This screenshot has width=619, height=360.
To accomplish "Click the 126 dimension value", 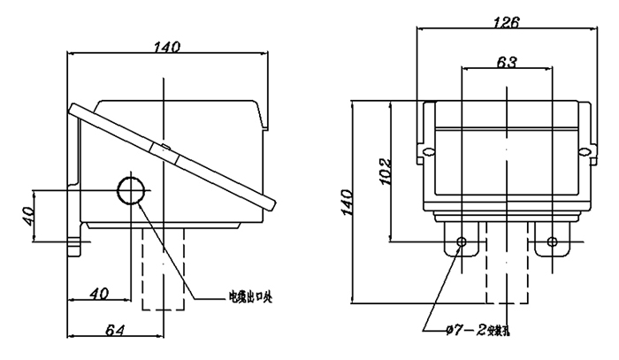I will click(x=506, y=20).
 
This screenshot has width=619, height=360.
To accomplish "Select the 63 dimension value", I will click(x=506, y=62).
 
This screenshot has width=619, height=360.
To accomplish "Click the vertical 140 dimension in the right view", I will click(x=346, y=203).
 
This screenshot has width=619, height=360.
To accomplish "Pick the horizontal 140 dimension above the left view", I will click(x=166, y=48).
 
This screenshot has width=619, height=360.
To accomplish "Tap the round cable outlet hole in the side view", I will click(x=134, y=190).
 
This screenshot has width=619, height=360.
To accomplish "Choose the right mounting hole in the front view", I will click(x=552, y=242).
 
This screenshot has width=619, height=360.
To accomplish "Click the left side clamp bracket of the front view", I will click(x=426, y=132).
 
